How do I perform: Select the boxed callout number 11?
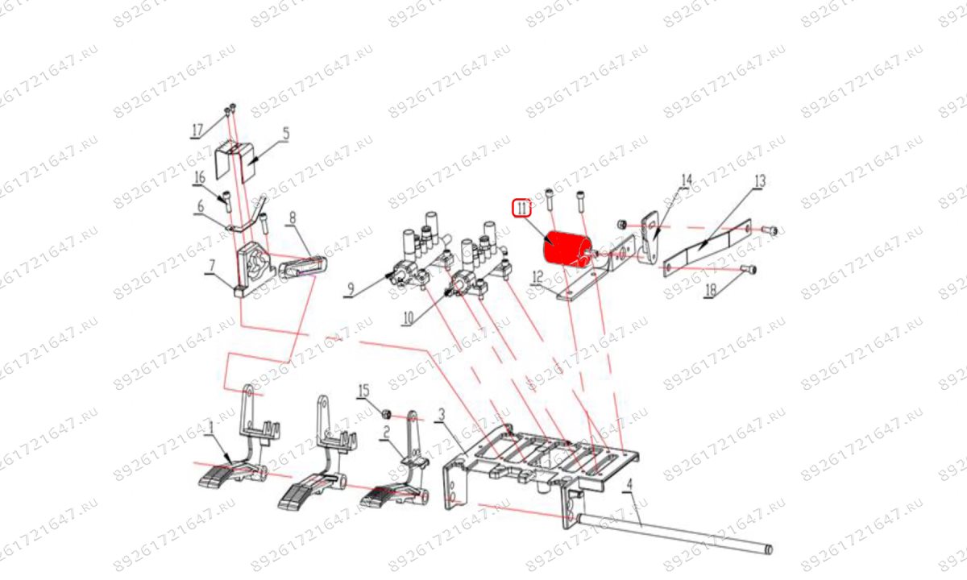[522, 209]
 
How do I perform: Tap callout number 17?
[197, 130]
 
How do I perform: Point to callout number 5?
[286, 134]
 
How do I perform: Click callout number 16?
[200, 178]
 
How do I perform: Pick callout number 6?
[201, 207]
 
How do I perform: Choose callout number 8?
[211, 267]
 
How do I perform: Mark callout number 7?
[293, 218]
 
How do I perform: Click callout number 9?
[351, 288]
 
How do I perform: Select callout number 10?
[408, 318]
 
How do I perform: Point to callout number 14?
[687, 180]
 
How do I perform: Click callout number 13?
[759, 180]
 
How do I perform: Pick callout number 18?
[711, 291]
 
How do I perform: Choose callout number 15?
[363, 391]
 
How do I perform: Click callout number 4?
[629, 485]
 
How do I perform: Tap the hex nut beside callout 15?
[386, 415]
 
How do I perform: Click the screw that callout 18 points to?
[748, 270]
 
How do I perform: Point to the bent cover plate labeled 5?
[235, 160]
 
